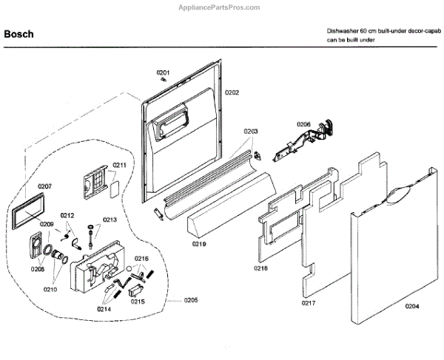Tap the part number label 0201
click(164, 72)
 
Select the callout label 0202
click(232, 93)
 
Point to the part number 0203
click(250, 131)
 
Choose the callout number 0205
click(191, 300)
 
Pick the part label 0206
click(304, 124)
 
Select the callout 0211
click(119, 164)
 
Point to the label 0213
click(110, 220)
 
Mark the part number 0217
click(309, 303)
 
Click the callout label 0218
click(260, 268)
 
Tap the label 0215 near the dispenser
click(137, 302)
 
